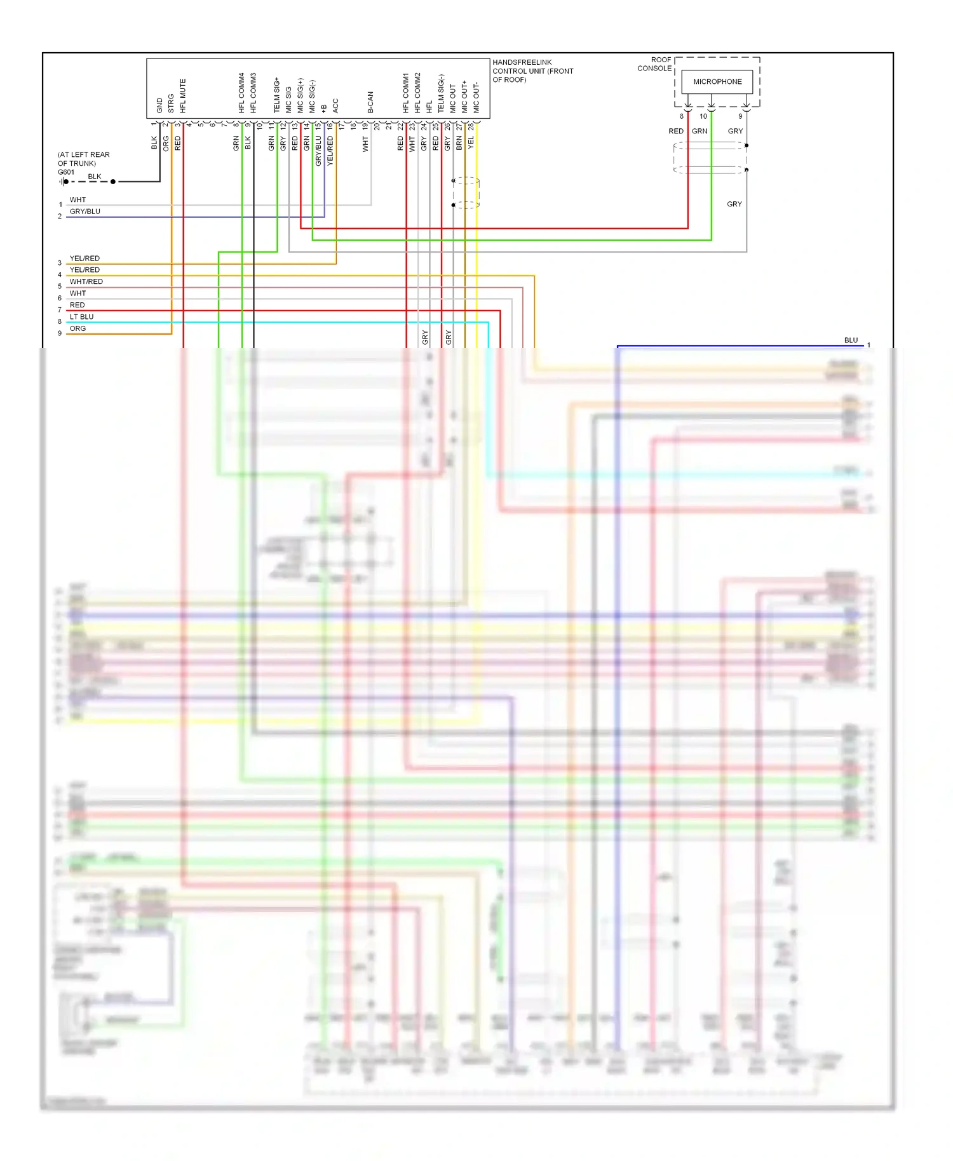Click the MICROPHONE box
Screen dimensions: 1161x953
[717, 81]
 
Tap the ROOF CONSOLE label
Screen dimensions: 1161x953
[654, 64]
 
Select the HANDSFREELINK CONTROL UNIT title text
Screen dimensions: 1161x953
[532, 70]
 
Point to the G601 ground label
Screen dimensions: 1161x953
[66, 172]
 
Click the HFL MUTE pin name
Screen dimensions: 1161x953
[183, 96]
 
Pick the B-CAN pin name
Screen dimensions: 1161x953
[370, 102]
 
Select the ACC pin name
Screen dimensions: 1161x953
[335, 105]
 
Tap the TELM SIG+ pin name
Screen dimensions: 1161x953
[277, 95]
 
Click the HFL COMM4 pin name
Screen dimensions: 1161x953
[241, 93]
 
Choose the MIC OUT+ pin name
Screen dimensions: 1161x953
[464, 97]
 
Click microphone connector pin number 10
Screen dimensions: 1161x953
[703, 116]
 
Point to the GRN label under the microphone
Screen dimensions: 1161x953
[700, 131]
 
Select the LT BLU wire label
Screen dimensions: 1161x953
[81, 317]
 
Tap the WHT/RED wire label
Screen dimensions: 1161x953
[86, 282]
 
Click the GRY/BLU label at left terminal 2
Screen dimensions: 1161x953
[84, 211]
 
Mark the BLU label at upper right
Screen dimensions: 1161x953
[851, 340]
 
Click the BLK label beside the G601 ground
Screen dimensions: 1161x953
[95, 177]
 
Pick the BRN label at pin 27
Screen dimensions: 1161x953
[459, 143]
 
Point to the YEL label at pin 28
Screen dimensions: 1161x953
[471, 143]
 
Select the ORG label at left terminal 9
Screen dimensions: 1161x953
[78, 328]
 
